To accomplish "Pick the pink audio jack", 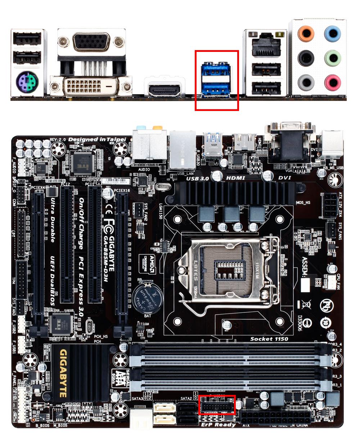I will click(x=332, y=83).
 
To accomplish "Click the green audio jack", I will click(x=332, y=58).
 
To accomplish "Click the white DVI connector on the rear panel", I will click(x=90, y=86).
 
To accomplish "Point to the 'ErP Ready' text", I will click(x=218, y=424).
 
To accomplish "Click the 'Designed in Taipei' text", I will click(x=97, y=139).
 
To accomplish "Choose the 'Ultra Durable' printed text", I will click(x=53, y=219).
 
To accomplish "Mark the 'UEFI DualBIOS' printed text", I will click(x=53, y=281).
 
